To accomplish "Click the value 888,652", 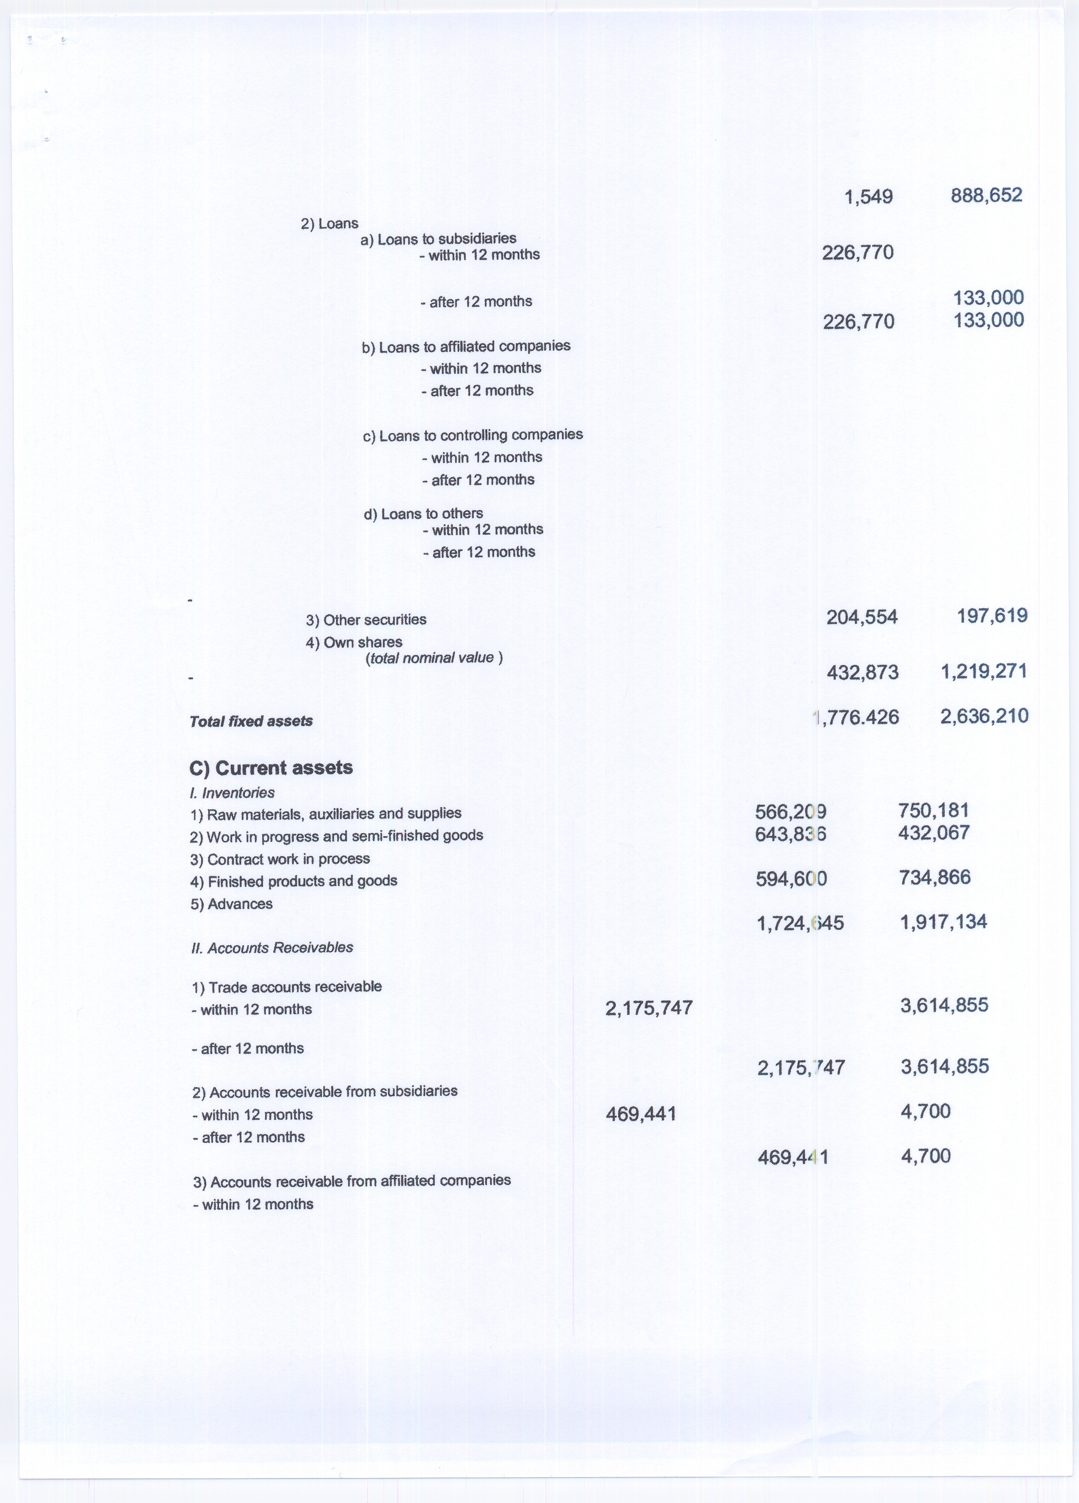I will (986, 195).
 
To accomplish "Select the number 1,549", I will (869, 197).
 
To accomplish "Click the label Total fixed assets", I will (251, 721).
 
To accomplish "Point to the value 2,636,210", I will (984, 716).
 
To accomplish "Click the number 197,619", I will (992, 616).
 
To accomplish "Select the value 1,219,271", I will (984, 671).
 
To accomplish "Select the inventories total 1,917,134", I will (943, 922).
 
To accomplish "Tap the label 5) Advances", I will (231, 904).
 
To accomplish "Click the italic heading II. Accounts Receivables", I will (271, 947).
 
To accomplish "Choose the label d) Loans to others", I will (423, 514).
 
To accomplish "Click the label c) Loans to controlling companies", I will (473, 436).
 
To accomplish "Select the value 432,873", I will (863, 672).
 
